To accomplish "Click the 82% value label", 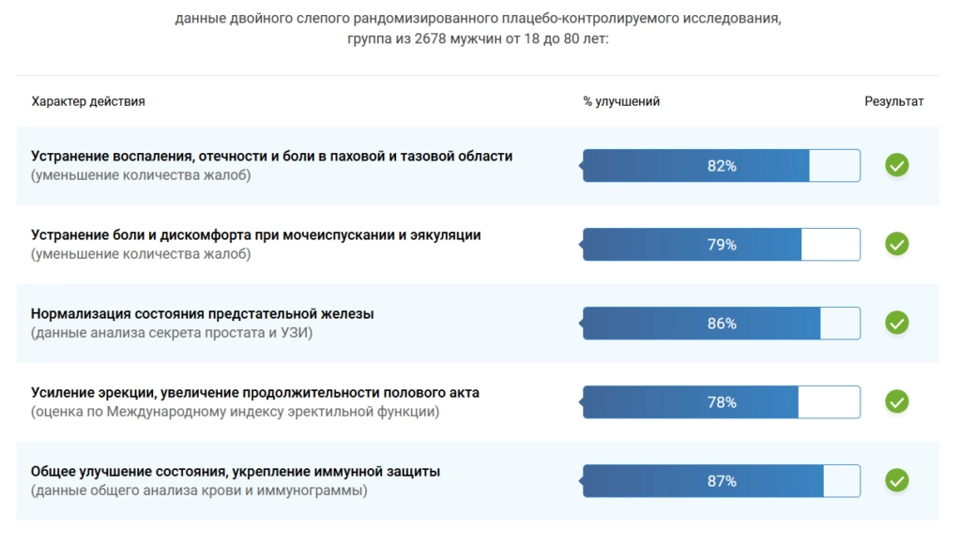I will coord(722,166).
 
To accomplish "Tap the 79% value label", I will coord(722,245).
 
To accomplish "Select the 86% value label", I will coord(722,324).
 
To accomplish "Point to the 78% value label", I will coord(722,402).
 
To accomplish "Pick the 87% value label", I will coord(722,481).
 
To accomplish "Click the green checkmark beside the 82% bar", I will coord(897,166).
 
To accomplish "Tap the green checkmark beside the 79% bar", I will coord(897,245).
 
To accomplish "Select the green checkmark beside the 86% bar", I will coord(897,324).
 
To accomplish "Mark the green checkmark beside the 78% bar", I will coord(897,402).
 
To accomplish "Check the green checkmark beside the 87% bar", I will coord(897,481).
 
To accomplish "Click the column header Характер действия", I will coord(88,101).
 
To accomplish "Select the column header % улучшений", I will coord(621,101).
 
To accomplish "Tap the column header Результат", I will coord(894,101).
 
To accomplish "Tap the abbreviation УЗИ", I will coord(297,333).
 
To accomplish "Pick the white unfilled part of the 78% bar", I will coord(829,402).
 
